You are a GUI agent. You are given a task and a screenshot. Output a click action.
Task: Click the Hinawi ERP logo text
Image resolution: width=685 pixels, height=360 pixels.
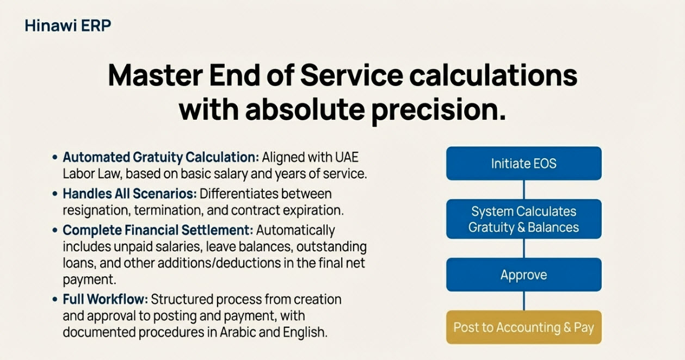(68, 25)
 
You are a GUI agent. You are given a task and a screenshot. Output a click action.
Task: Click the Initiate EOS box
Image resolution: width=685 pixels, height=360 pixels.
(523, 163)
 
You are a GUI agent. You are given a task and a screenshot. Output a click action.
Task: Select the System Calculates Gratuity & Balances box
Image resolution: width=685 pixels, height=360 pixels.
(523, 219)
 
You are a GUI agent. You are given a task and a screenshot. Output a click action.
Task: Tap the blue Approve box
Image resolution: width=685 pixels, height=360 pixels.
(523, 275)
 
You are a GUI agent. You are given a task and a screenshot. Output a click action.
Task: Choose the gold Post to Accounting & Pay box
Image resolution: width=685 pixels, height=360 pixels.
(523, 327)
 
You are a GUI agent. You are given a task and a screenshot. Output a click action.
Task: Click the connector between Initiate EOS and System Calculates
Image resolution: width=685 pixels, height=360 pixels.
(523, 190)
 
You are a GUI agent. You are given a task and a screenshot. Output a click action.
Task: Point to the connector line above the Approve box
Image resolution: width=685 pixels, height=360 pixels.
(523, 248)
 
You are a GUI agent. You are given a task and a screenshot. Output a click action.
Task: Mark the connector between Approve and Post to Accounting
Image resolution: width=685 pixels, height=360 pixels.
(523, 301)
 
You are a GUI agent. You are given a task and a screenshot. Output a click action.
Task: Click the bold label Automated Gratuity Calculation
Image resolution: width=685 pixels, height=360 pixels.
(161, 158)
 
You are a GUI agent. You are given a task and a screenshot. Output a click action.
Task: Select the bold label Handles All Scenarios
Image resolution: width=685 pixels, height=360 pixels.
(129, 194)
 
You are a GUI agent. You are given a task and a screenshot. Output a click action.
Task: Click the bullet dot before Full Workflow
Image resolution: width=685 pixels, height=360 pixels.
(55, 299)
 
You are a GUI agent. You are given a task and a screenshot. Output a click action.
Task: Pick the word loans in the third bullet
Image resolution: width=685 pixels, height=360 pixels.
(78, 264)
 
